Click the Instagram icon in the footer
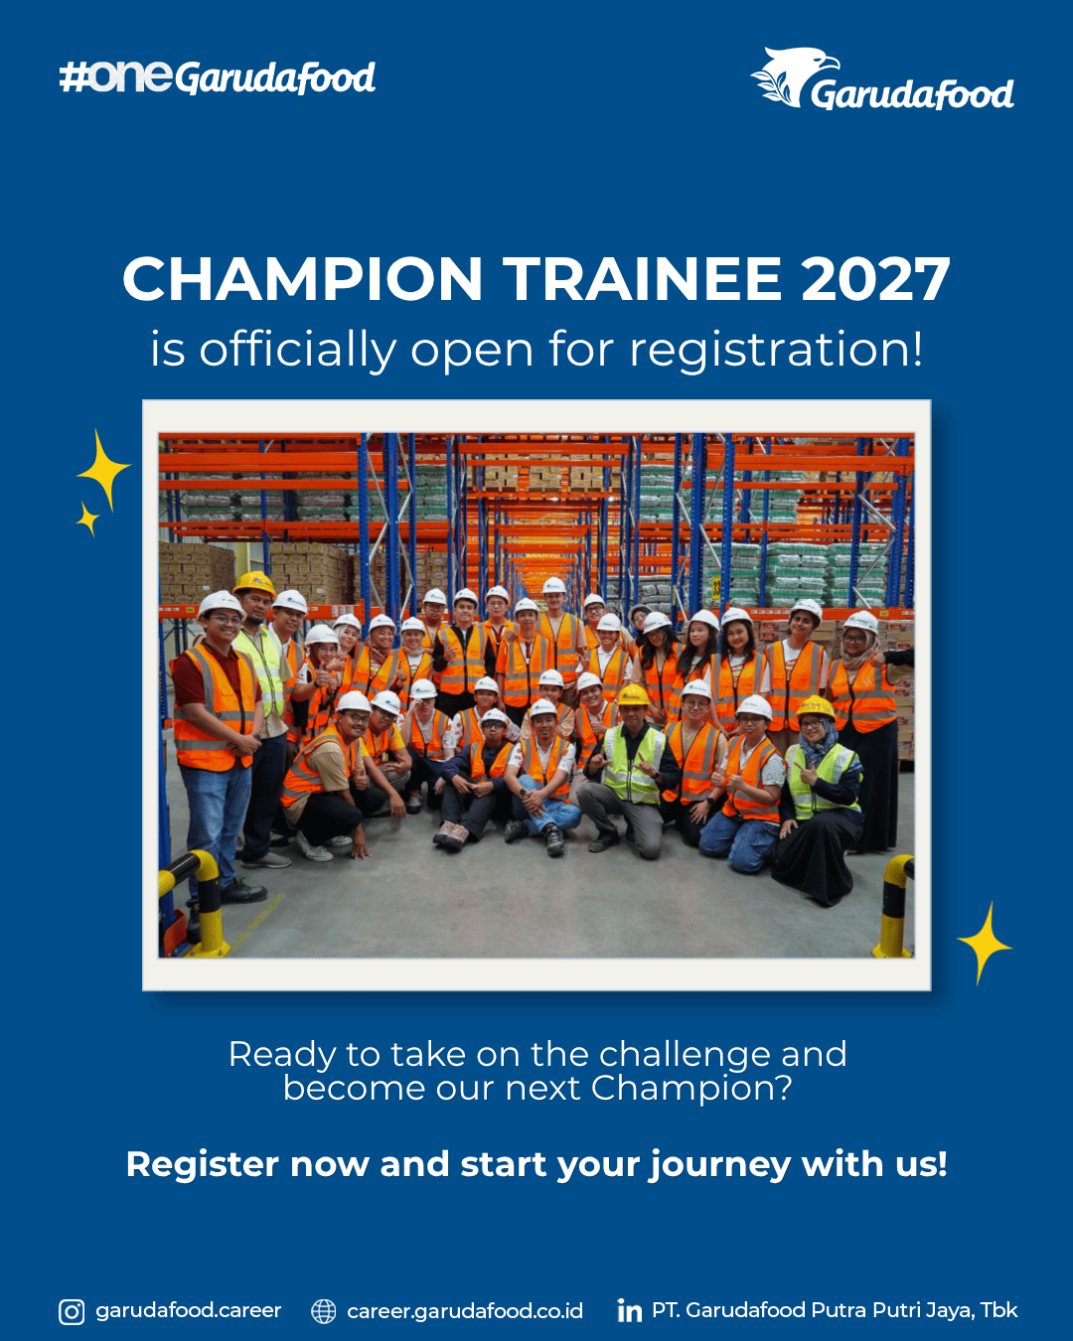click(x=72, y=1312)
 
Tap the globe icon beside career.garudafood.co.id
click(x=323, y=1312)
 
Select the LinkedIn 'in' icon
click(x=629, y=1311)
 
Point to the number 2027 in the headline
click(x=875, y=279)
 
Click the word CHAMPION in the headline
click(x=302, y=279)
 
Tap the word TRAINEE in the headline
click(x=642, y=279)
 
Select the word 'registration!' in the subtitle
click(x=776, y=351)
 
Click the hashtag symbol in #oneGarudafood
click(x=72, y=77)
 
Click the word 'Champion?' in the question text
click(x=691, y=1089)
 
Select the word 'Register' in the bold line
click(x=203, y=1164)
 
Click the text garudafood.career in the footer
click(x=189, y=1311)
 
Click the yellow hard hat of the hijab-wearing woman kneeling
click(x=816, y=706)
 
